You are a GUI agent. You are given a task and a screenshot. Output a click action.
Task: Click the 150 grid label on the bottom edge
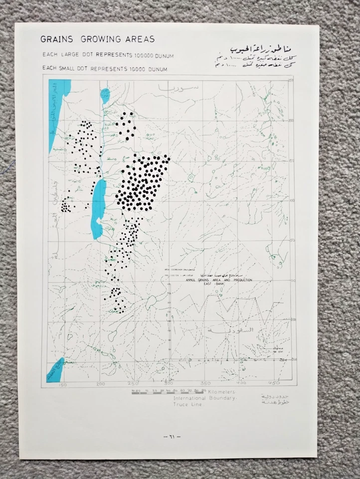tap(63, 384)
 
